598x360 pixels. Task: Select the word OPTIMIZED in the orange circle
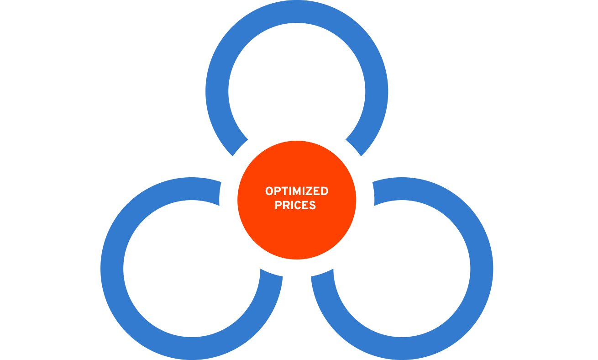[x=297, y=191]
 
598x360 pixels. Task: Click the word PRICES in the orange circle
[x=295, y=206]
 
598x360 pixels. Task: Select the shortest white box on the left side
[x=115, y=53]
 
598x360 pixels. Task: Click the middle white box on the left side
[x=100, y=85]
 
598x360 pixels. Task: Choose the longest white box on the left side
[x=75, y=117]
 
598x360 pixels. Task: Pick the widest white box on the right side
[x=517, y=53]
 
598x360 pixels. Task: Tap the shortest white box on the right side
[x=479, y=85]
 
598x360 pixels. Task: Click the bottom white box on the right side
[x=488, y=117]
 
